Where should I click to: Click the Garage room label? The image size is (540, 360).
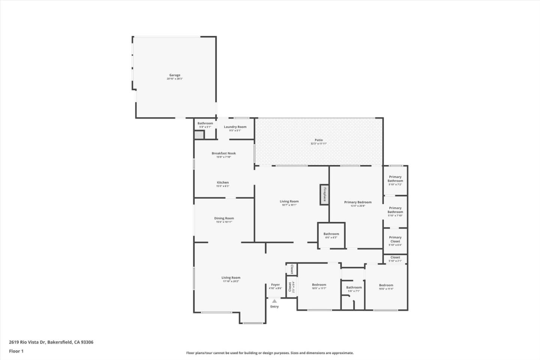(174, 75)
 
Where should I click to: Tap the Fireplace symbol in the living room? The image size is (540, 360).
(324, 194)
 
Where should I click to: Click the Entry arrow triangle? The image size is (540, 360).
(274, 301)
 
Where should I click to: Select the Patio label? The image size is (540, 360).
(318, 140)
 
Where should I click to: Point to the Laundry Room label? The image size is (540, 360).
(235, 127)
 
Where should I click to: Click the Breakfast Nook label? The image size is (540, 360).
(223, 153)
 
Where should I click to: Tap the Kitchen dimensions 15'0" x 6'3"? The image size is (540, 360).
(222, 186)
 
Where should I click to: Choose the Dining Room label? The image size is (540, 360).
(224, 218)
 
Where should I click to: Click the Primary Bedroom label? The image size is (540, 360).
(358, 202)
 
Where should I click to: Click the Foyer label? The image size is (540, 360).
(275, 285)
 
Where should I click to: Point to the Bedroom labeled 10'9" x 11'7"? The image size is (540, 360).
(319, 285)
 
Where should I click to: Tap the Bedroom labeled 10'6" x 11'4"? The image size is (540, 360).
(386, 285)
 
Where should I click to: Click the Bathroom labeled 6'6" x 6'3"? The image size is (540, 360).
(331, 234)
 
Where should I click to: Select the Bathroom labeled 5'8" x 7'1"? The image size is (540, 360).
(354, 288)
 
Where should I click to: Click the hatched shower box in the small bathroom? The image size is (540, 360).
(199, 135)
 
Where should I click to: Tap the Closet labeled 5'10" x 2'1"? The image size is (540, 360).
(395, 258)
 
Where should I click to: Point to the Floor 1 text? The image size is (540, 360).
(16, 351)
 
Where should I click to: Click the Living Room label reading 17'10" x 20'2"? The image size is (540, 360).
(231, 278)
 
